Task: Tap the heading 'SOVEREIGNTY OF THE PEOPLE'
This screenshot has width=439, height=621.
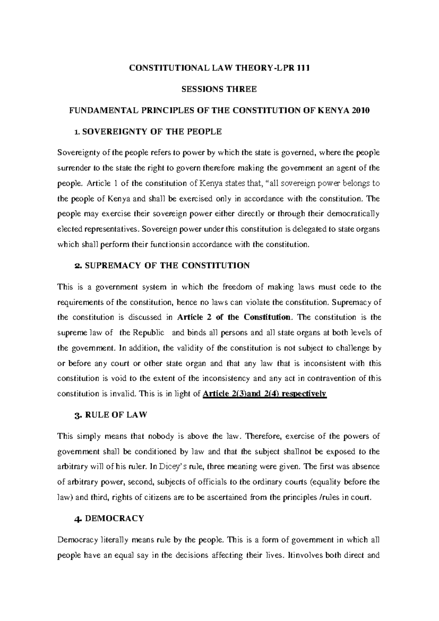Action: (x=151, y=132)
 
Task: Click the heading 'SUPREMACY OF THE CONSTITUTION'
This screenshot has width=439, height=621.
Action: (x=167, y=265)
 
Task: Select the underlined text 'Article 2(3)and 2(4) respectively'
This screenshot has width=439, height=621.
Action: (x=264, y=394)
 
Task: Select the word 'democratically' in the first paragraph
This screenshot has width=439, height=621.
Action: (x=353, y=214)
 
